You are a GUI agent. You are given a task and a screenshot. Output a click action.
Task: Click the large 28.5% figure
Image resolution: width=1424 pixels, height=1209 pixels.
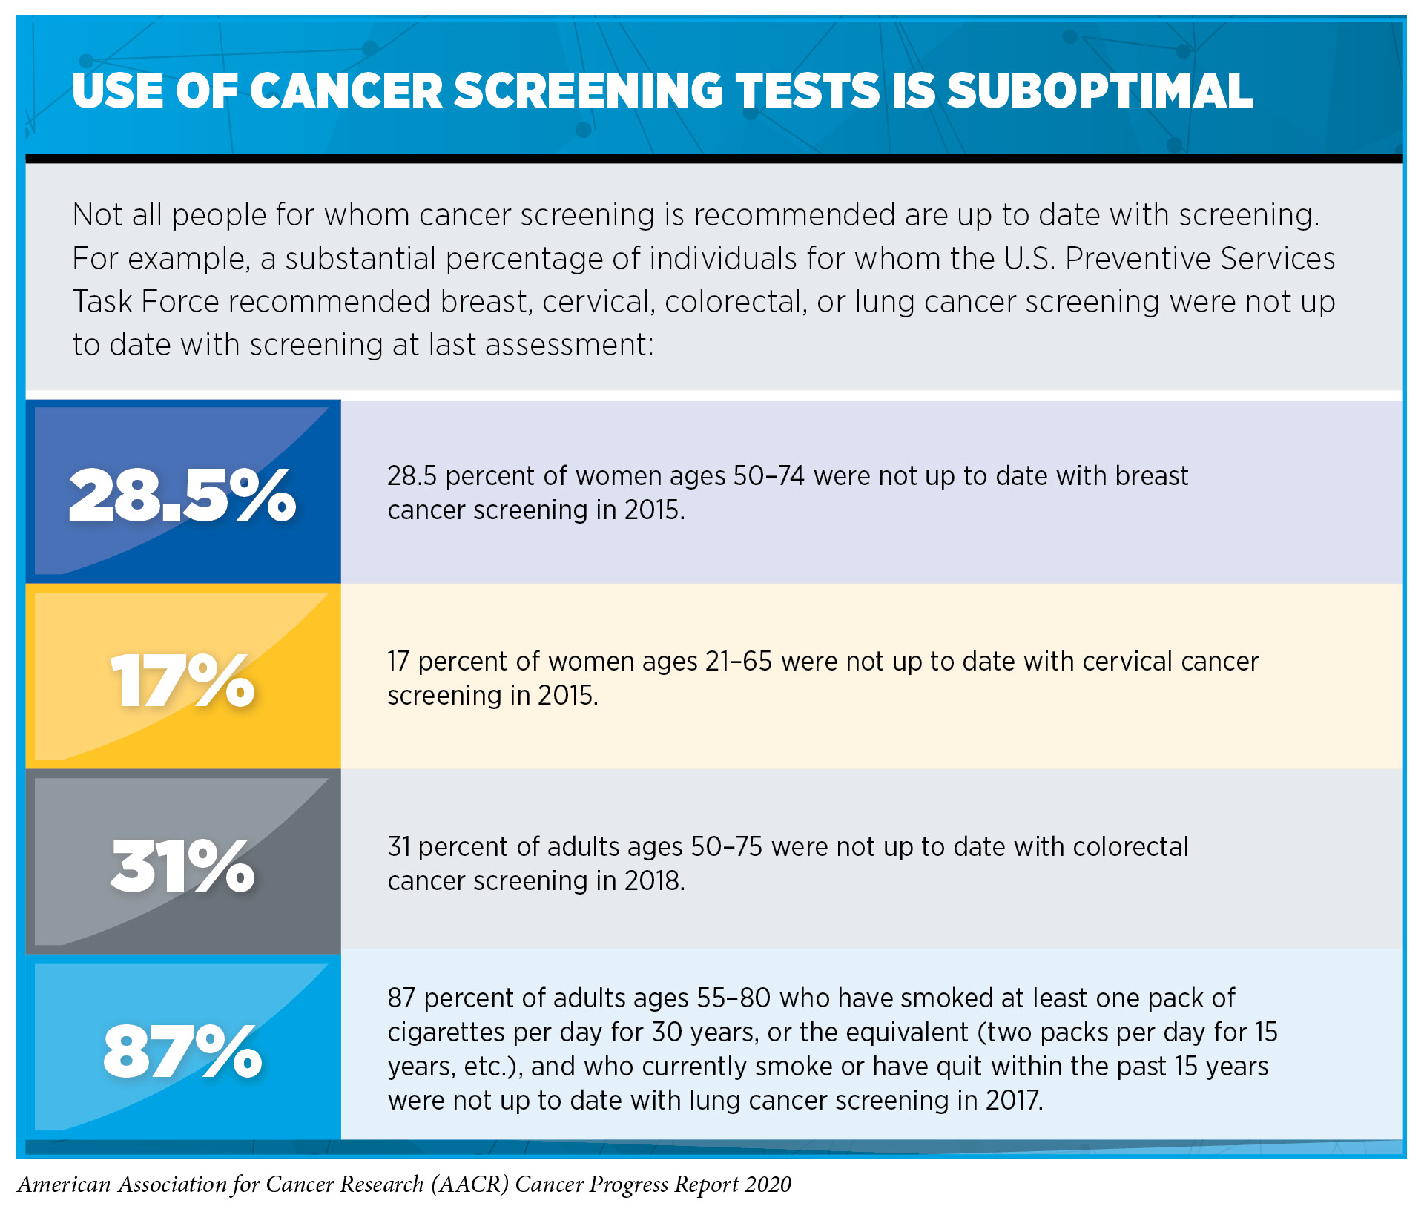point(182,495)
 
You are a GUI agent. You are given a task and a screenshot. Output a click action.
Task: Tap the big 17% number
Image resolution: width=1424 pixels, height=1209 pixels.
point(182,681)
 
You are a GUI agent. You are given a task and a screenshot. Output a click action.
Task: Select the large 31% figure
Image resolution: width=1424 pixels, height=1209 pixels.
point(182,866)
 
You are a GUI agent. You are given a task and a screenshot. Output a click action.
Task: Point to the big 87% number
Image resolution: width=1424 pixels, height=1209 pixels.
point(182,1052)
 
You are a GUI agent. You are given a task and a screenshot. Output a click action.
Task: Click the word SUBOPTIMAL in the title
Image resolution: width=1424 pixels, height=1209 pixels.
point(1099,91)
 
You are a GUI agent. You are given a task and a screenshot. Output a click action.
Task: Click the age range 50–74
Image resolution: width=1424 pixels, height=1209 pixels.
point(769,476)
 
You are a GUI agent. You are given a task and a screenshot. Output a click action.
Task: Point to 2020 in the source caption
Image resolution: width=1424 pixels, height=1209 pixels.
point(768,1185)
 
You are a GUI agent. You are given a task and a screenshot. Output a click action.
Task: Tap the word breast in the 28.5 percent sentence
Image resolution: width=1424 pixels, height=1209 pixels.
point(1151,476)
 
